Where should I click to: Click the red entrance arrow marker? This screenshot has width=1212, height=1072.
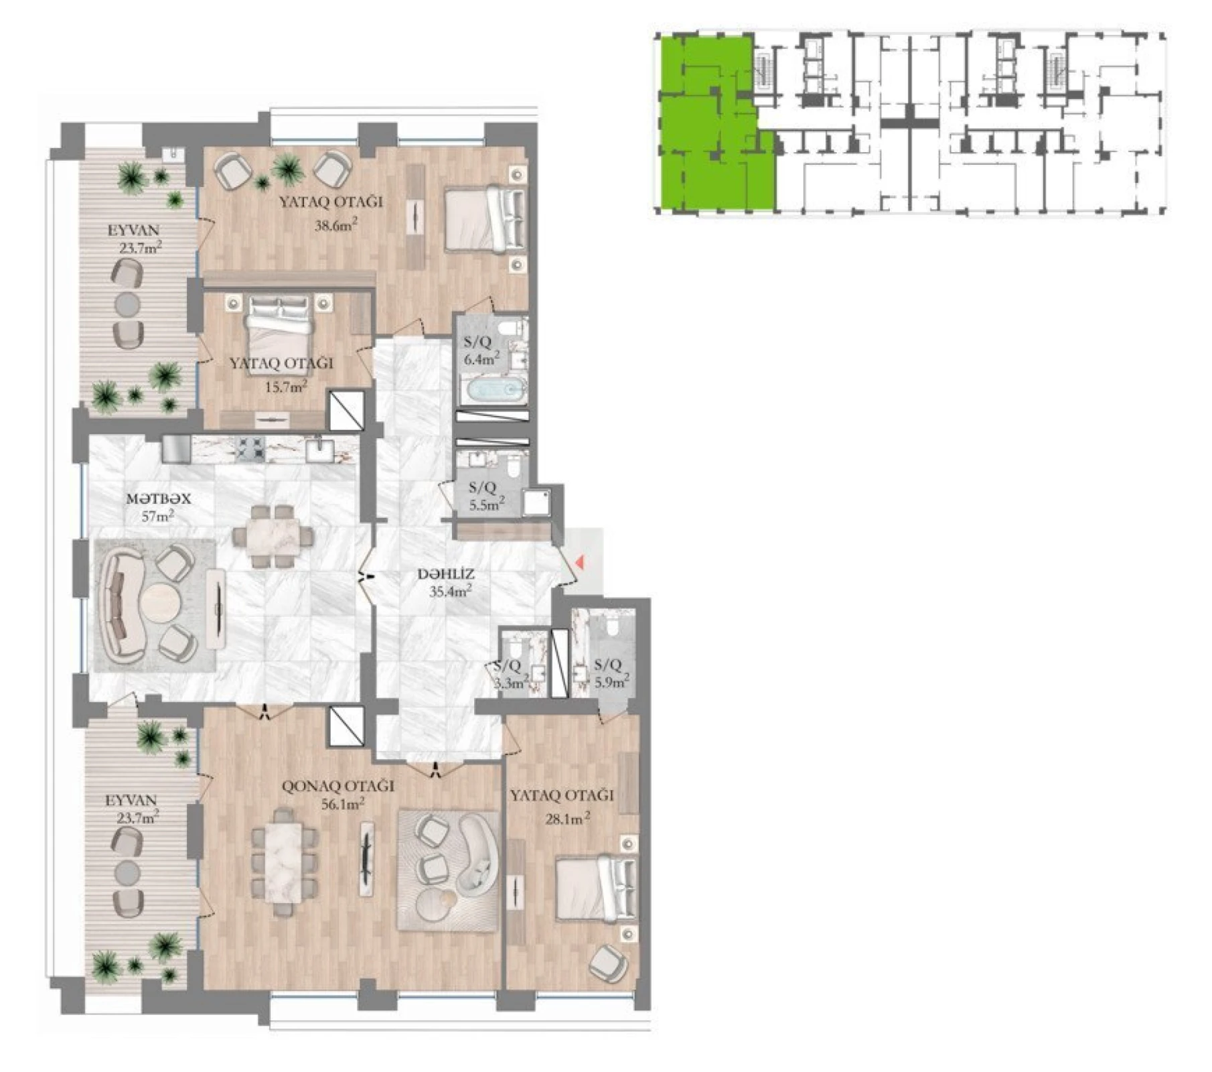(580, 563)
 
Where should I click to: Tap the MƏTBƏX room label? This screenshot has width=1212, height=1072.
(159, 498)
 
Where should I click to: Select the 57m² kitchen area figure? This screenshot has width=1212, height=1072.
(158, 516)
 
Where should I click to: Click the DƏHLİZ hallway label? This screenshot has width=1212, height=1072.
(445, 574)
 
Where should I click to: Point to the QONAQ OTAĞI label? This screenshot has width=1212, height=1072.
(337, 786)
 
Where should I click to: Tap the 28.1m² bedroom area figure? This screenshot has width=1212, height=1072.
(569, 818)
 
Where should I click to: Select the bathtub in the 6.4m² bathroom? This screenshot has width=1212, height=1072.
(491, 389)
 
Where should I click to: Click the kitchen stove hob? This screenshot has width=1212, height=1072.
(253, 449)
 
